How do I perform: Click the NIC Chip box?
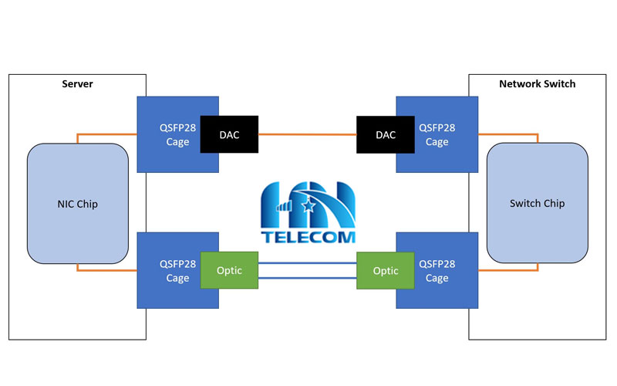click(77, 204)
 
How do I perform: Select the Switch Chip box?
click(538, 204)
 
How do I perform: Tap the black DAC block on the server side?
click(229, 134)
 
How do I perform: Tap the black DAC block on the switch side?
click(385, 134)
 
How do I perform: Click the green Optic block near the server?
click(229, 271)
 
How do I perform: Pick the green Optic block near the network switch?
click(385, 271)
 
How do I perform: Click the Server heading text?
click(77, 83)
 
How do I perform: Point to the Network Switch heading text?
click(538, 83)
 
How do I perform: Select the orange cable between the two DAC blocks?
click(307, 134)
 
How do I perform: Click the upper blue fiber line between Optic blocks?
click(307, 263)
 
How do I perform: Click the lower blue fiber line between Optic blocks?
click(307, 278)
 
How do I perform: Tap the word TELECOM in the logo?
click(307, 238)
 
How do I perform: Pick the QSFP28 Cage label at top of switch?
click(437, 134)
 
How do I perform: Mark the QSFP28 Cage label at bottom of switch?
click(437, 271)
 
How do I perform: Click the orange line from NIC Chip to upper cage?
click(108, 134)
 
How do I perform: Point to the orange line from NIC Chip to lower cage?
click(108, 270)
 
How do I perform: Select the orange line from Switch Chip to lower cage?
click(509, 270)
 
